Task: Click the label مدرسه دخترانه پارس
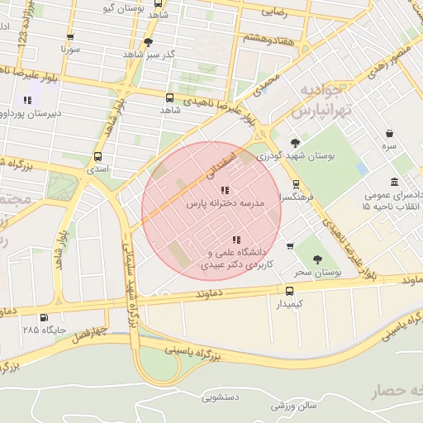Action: tap(224, 202)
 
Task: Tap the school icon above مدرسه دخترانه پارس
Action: tap(226, 190)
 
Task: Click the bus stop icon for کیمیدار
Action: tap(289, 291)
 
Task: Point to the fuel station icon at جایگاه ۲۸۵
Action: tap(44, 316)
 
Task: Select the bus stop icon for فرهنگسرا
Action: tap(297, 184)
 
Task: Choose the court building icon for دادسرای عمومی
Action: tap(401, 181)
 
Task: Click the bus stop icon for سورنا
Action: tap(69, 37)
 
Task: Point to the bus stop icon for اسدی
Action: tap(98, 156)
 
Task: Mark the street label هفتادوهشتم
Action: tap(268, 39)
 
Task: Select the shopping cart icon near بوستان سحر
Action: tap(289, 245)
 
